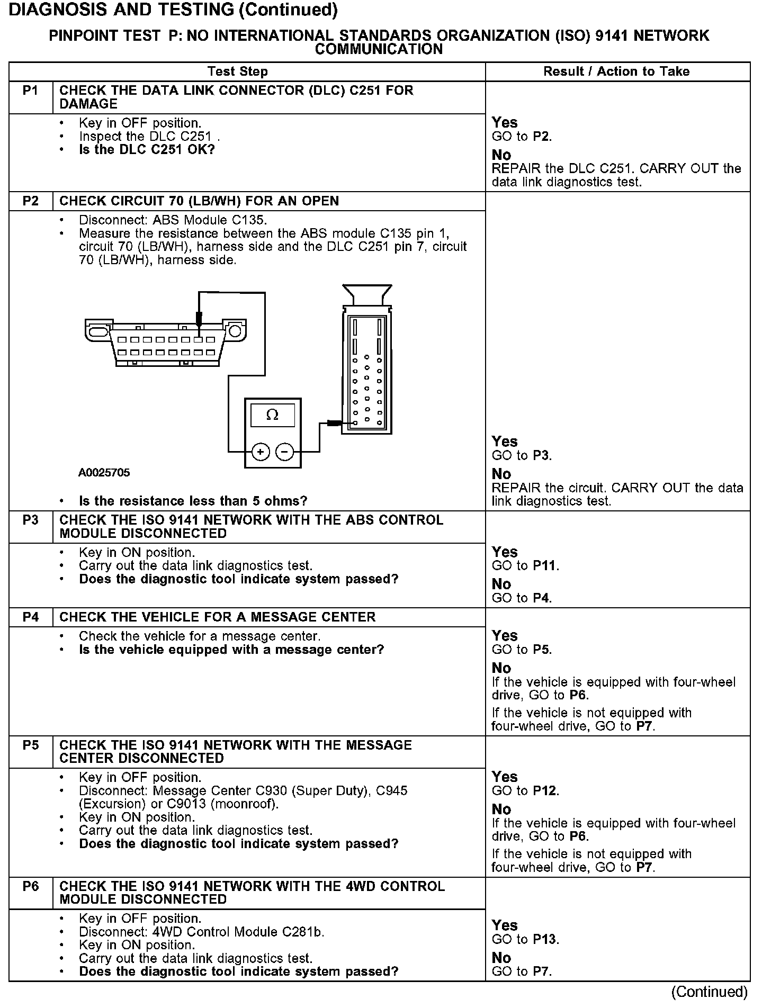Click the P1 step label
pyautogui.click(x=31, y=91)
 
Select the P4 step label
pyautogui.click(x=31, y=617)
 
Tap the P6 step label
pyautogui.click(x=31, y=886)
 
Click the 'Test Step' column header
pyautogui.click(x=238, y=71)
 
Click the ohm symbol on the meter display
pyautogui.click(x=272, y=415)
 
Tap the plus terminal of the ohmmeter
pyautogui.click(x=260, y=452)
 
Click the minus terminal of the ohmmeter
pyautogui.click(x=285, y=452)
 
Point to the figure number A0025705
pyautogui.click(x=104, y=473)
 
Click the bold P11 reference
pyautogui.click(x=544, y=566)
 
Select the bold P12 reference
pyautogui.click(x=545, y=791)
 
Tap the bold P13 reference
pyautogui.click(x=545, y=940)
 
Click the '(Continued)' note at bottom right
pyautogui.click(x=710, y=992)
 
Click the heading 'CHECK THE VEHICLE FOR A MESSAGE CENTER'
pyautogui.click(x=217, y=617)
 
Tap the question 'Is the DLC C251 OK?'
pyautogui.click(x=147, y=150)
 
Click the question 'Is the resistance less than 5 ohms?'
pyautogui.click(x=193, y=501)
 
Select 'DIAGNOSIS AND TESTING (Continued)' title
pyautogui.click(x=174, y=10)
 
